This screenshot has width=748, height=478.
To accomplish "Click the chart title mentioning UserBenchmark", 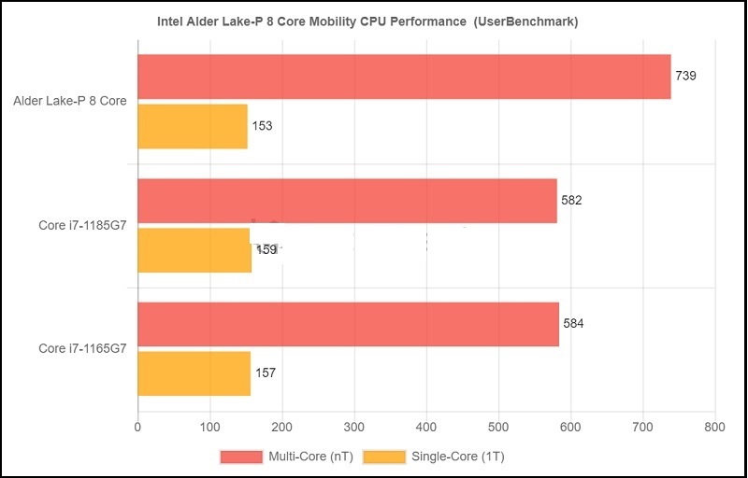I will click(373, 22).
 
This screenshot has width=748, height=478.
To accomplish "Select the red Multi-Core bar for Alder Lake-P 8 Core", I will click(404, 77).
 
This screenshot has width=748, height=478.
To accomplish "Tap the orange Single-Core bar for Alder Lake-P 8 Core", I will click(193, 126).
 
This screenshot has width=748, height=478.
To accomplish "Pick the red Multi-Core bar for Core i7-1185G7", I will click(347, 201).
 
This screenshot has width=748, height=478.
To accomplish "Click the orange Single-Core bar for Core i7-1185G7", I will click(194, 250).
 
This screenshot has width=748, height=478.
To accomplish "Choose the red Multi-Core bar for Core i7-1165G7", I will click(348, 324).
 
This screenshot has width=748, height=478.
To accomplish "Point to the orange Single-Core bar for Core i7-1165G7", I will click(194, 373).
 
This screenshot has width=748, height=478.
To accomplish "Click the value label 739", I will click(686, 76).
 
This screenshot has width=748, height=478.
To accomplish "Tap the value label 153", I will click(263, 126).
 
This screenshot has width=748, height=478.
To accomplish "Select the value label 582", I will click(571, 200).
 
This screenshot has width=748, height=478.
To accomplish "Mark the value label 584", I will click(573, 324).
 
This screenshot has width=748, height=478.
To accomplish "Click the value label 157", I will click(266, 373).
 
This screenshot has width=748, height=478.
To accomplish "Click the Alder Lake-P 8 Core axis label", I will click(70, 101).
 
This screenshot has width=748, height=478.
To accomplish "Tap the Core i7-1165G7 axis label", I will click(83, 348).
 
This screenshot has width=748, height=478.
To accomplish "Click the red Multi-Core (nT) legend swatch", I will click(242, 457).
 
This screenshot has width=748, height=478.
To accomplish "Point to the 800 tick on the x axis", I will click(715, 428).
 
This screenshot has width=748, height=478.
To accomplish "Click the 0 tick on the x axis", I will click(138, 428).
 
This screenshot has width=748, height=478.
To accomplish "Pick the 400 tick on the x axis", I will click(426, 428).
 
